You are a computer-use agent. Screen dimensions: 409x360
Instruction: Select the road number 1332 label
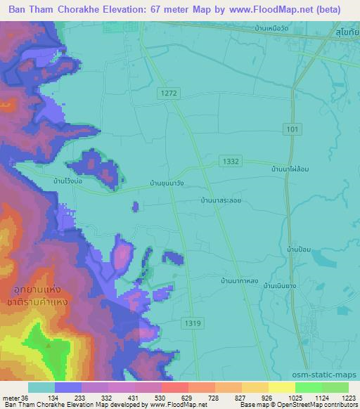click(230, 161)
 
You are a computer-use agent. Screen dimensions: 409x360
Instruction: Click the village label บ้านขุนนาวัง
click(167, 183)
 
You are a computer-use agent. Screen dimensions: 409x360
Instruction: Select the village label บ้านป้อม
click(300, 249)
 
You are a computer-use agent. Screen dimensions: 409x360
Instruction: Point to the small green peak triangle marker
click(48, 345)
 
